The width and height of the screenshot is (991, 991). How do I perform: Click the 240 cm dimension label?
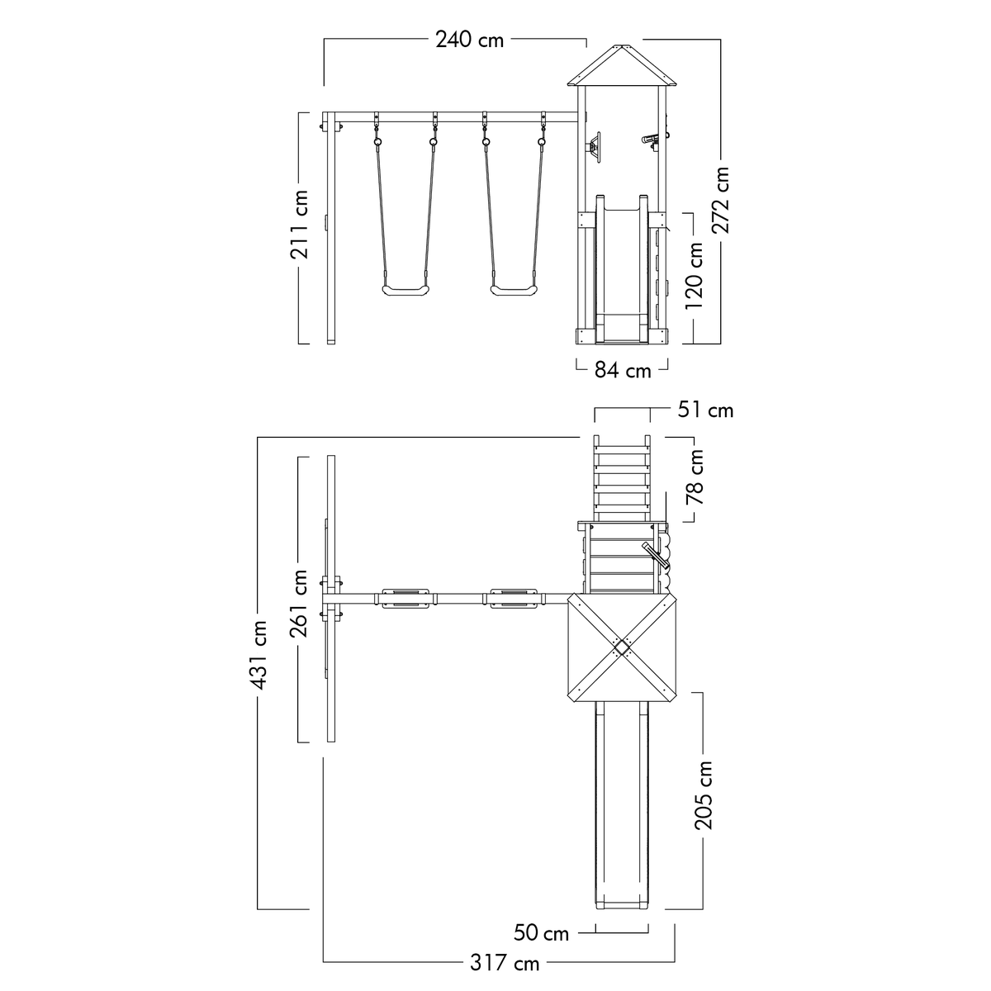pos(470,40)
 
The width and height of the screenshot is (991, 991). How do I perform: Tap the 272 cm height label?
pos(721,200)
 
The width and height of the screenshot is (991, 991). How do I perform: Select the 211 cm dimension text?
pos(299,225)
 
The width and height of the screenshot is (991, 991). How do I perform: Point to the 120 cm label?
pos(694,276)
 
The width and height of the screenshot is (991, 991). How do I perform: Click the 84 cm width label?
pos(623,370)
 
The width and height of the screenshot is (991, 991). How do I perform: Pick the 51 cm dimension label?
pos(705,410)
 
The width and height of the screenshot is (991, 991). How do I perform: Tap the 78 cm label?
pos(695,477)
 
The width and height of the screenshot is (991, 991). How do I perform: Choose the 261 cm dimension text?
pos(298,603)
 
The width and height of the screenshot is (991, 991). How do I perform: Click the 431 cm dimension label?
pos(258,655)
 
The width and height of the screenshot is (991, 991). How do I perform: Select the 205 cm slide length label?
pos(704,795)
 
